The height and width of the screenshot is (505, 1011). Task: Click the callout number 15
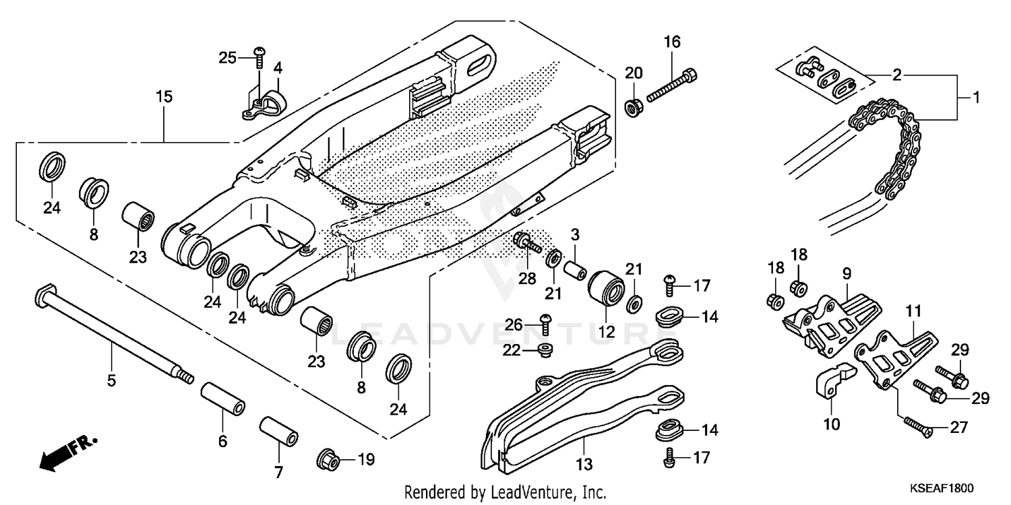tap(164, 97)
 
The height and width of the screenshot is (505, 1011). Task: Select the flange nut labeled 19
tap(328, 460)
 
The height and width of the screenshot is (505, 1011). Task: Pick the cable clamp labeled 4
tap(266, 104)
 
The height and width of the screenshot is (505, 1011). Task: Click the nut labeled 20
tap(633, 106)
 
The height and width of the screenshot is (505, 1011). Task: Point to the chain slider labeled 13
tap(580, 411)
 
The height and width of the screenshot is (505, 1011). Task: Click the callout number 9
tap(846, 273)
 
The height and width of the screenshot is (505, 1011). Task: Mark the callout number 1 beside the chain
tap(977, 98)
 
